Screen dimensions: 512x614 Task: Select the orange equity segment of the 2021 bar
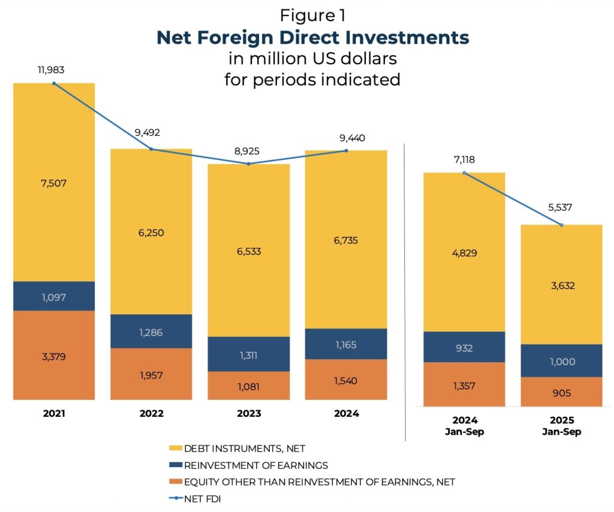click(54, 355)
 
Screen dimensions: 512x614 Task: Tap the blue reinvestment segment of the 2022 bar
click(151, 331)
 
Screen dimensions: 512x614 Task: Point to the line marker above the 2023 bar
click(248, 163)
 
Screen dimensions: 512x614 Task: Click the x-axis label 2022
click(151, 414)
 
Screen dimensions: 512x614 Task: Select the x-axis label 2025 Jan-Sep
click(561, 426)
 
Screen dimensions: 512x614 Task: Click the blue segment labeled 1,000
click(561, 360)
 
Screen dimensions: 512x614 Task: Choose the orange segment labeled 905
click(561, 392)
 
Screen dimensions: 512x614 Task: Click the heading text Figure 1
click(312, 15)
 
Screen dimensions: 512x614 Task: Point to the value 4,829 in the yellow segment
click(465, 252)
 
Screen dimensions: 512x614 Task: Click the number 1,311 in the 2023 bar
click(248, 355)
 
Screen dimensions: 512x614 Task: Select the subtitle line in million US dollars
click(312, 59)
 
